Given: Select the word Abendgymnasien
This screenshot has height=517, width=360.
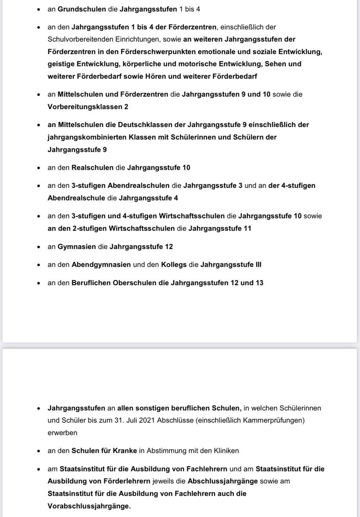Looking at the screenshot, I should point(101,265).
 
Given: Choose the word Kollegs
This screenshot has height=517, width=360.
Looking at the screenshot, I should point(174,265).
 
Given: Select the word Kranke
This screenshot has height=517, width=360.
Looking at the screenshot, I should point(125,451).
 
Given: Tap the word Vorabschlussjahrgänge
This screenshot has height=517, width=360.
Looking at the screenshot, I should point(89,506).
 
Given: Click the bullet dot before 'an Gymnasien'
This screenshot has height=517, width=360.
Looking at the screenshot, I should point(38,247).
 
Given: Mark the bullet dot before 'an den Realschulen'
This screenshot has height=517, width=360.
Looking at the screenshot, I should point(38,168).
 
